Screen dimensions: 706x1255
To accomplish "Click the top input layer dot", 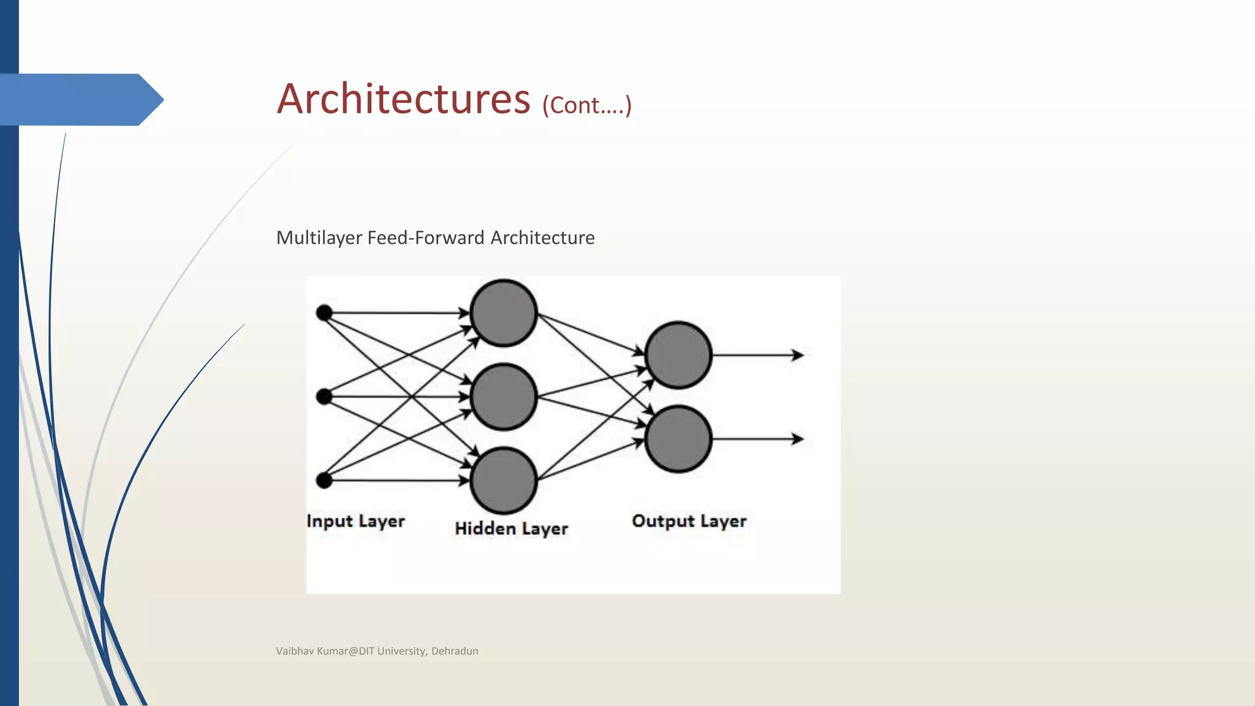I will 324,313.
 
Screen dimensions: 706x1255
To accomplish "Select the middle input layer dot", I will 324,397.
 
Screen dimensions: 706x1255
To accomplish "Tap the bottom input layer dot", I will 324,480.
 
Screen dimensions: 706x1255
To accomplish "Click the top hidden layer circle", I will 504,313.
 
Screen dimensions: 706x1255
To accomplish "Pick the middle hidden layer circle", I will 504,397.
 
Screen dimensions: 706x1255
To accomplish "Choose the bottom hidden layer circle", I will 504,480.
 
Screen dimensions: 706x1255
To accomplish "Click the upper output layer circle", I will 678,355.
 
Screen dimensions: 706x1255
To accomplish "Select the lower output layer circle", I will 678,439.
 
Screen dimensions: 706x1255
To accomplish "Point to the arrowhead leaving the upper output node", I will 798,355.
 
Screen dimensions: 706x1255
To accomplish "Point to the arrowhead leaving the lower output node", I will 798,439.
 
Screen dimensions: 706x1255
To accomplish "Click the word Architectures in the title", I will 403,99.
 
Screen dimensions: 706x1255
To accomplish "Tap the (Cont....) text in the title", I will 586,105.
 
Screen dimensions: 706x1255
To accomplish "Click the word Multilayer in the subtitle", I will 319,238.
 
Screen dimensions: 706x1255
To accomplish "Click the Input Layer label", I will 356,521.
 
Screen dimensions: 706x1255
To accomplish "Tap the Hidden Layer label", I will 512,528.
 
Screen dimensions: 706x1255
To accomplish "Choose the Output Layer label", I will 689,521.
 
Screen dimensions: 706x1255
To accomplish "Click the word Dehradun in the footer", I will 455,651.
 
